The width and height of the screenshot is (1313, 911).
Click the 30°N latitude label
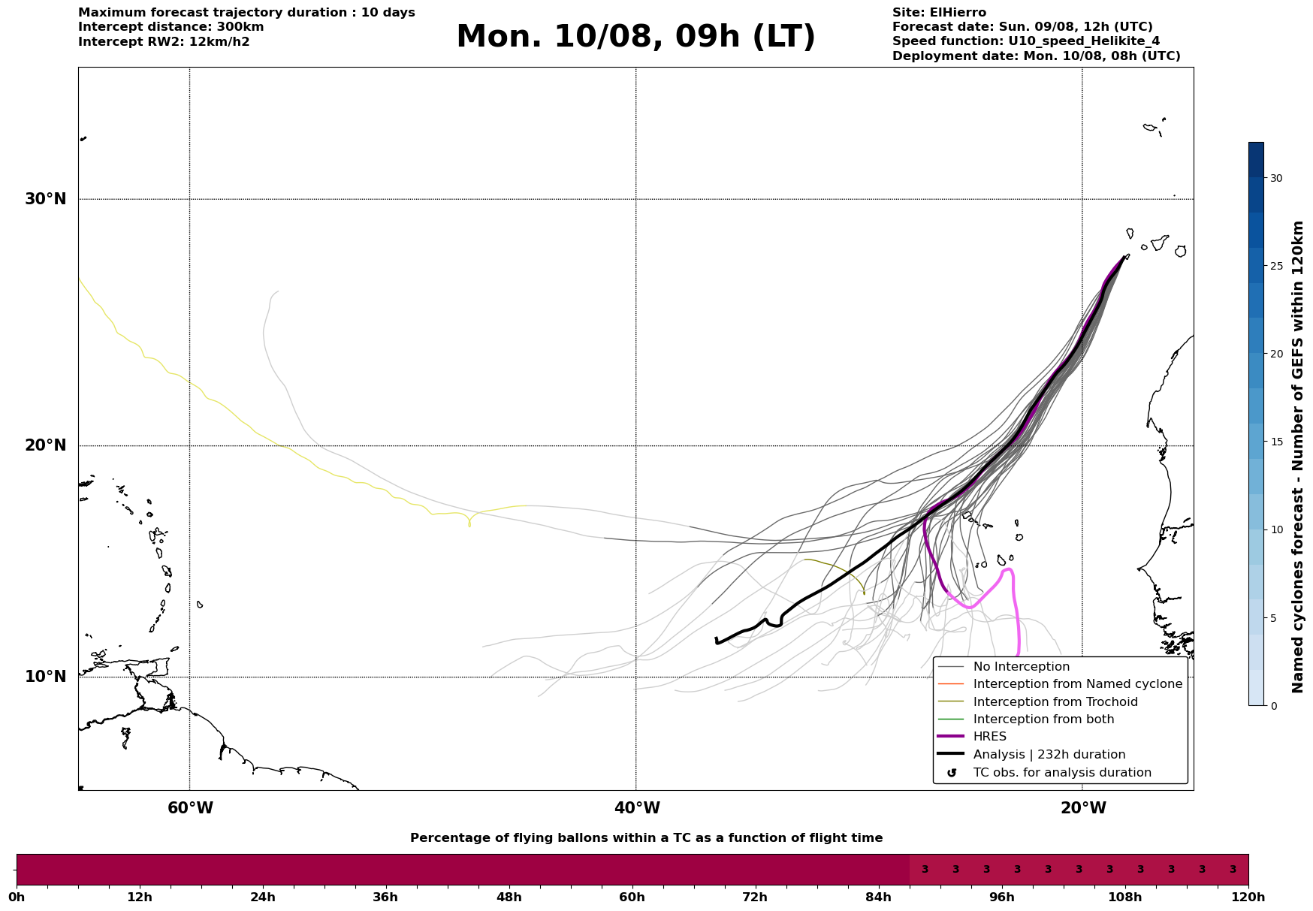coord(46,199)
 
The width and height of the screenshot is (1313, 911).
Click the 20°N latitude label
coord(46,445)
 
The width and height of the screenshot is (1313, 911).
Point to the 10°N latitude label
coord(46,677)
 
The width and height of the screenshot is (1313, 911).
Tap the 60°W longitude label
coord(190,808)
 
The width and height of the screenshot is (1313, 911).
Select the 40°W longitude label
coord(637,808)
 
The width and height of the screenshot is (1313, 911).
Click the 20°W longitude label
coord(1083,808)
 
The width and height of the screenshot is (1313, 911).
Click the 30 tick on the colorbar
coord(1276,178)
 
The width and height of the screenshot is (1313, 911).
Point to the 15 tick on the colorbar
coord(1276,442)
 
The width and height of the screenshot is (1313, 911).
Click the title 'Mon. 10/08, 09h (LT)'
coord(635,37)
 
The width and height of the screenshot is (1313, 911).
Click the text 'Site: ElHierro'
coord(939,13)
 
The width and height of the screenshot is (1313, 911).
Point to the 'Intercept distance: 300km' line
coord(171,27)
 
